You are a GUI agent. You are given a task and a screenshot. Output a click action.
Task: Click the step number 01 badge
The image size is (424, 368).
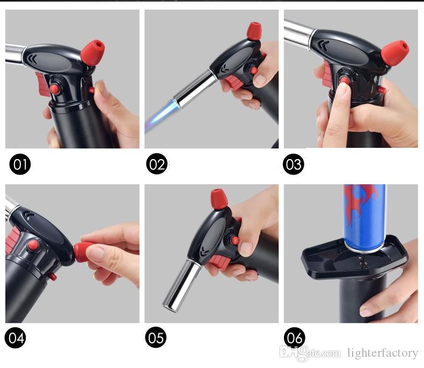point(20,164)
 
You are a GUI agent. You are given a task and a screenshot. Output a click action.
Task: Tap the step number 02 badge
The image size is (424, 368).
point(157,164)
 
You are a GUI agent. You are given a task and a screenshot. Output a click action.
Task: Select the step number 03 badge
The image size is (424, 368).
point(294,164)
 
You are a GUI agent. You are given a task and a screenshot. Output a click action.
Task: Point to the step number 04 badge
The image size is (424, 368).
point(16,338)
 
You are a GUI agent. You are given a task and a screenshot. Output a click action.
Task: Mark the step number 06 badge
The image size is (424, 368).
point(295,338)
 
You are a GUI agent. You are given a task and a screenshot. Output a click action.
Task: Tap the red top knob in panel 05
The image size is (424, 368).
point(218,199)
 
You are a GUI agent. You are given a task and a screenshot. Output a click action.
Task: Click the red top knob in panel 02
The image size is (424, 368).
point(254,31)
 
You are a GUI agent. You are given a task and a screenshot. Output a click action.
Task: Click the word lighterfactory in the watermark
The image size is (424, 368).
point(382,352)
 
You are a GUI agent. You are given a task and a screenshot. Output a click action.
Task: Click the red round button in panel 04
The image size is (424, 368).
point(33,245)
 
